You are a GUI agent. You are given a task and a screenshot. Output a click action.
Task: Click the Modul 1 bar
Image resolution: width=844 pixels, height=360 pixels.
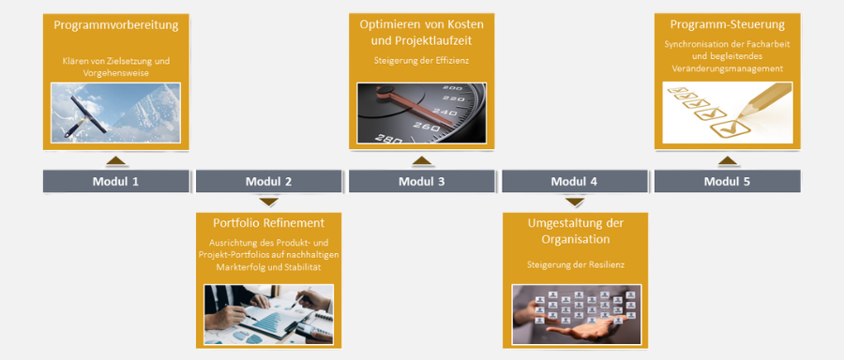click(x=115, y=181)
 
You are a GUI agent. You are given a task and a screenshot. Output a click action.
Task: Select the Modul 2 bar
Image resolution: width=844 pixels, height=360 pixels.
click(x=268, y=181)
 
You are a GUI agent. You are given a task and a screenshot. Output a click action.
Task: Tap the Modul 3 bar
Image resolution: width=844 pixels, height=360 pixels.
click(x=421, y=181)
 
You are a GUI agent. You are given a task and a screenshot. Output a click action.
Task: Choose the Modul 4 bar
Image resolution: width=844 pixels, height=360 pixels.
click(x=574, y=181)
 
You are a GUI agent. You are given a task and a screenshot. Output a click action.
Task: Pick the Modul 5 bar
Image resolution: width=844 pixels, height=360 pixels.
click(x=727, y=181)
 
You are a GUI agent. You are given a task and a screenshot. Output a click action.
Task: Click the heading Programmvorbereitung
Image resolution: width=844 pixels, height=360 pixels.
click(x=115, y=25)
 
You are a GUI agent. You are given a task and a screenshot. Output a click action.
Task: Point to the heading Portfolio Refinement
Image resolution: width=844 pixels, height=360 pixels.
click(x=268, y=223)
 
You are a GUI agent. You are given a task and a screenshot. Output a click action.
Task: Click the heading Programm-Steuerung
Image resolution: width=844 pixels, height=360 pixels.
click(x=727, y=24)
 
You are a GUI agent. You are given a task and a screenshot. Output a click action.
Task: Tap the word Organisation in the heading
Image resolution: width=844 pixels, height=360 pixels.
click(x=576, y=239)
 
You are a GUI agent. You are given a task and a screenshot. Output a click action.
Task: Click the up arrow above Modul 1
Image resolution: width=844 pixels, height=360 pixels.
click(x=115, y=160)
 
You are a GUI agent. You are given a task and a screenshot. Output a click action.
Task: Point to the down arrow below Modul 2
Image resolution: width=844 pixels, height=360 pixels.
click(x=268, y=202)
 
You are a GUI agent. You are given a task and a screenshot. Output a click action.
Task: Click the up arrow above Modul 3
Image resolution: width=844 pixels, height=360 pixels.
click(x=421, y=160)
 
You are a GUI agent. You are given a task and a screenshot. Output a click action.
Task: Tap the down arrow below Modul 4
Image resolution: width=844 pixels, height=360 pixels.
click(x=574, y=202)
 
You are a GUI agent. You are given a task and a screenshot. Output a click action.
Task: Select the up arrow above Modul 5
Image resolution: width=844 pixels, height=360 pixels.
click(x=727, y=160)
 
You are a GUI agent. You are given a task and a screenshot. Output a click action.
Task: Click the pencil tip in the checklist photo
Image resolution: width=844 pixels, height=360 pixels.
click(x=739, y=117)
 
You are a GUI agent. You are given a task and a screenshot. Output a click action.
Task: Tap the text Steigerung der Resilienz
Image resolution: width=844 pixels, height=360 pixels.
click(x=576, y=264)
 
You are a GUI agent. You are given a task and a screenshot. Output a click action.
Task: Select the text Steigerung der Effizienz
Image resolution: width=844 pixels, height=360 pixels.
click(x=421, y=61)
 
